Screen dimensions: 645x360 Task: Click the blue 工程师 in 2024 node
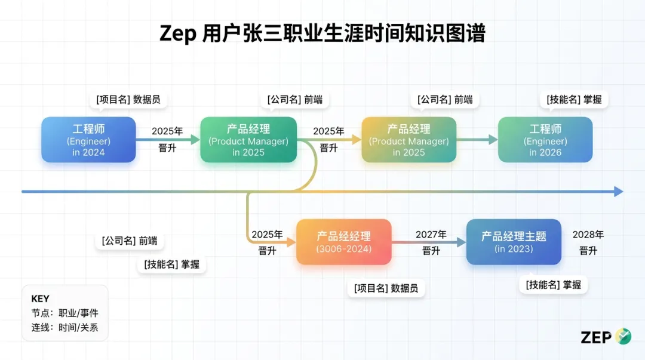88,140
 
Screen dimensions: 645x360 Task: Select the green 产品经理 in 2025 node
248,140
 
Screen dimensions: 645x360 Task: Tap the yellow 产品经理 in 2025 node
408,140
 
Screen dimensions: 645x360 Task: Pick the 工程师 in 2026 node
545,140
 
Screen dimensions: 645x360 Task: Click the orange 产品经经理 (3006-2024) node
344,242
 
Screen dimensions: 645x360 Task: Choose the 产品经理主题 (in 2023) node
514,242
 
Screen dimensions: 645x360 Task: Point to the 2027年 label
431,235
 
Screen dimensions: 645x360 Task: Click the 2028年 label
588,235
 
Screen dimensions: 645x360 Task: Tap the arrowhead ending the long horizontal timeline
618,192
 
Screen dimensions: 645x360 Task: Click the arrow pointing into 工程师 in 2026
478,140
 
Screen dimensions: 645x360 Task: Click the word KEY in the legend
41,299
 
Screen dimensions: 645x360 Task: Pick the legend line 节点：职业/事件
65,313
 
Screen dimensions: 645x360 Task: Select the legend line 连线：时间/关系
65,328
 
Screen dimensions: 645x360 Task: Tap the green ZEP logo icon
623,337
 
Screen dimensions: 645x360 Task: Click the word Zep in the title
177,34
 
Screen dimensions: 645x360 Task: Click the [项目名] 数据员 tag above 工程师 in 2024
128,100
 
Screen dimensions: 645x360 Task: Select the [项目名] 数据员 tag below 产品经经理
386,288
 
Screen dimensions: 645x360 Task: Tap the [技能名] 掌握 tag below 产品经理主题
553,285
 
